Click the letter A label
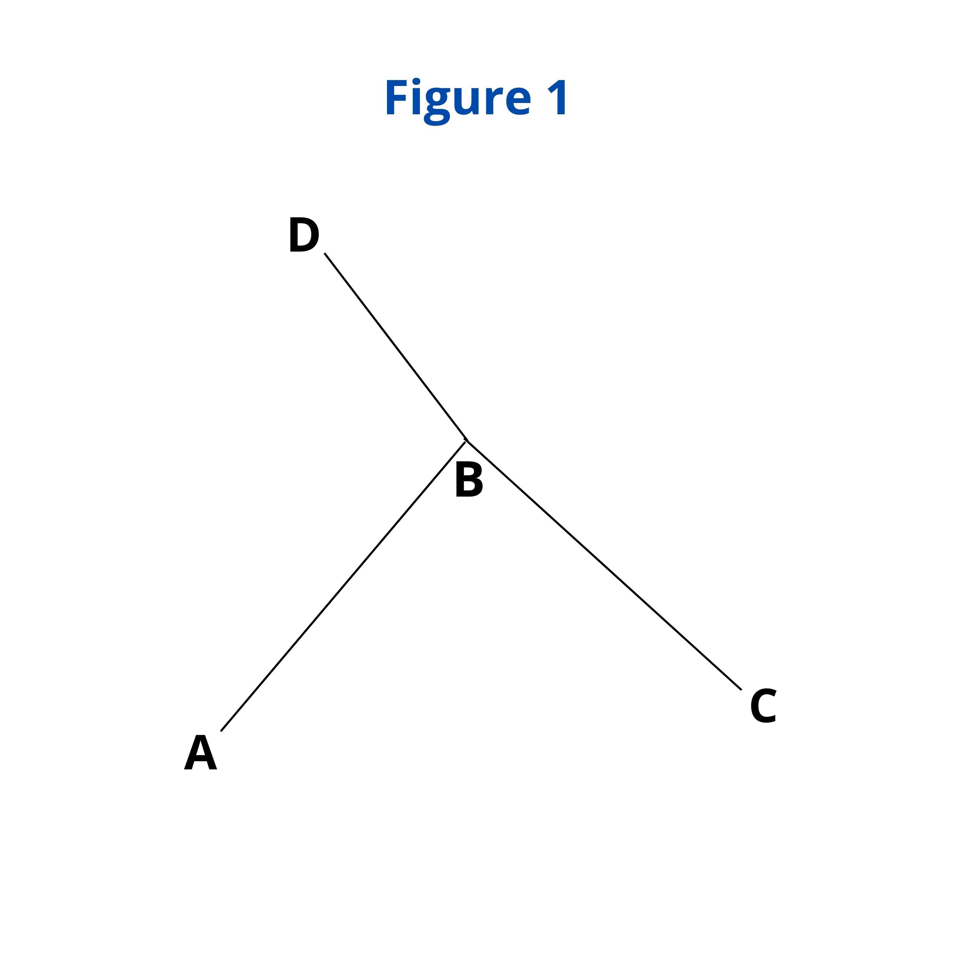point(200,753)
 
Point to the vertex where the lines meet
point(466,440)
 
